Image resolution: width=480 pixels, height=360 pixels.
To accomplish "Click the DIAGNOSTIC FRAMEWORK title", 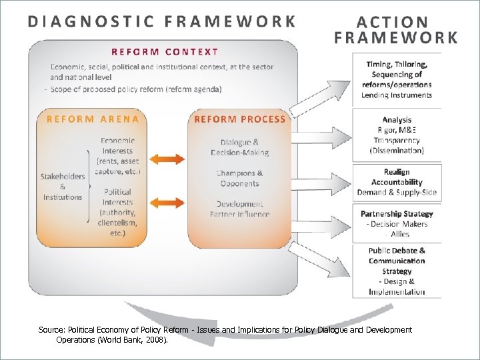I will point(162,21).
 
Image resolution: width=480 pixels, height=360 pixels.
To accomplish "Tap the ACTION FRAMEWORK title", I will point(397,30).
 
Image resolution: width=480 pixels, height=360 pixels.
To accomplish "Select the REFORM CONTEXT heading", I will point(165,51).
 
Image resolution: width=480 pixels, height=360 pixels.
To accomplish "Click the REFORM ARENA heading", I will point(93,119).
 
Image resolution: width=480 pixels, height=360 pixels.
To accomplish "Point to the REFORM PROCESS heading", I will point(239,119).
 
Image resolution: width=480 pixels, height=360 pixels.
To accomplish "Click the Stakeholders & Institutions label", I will point(63,187).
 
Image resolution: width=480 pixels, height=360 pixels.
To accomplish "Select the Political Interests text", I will point(118,207).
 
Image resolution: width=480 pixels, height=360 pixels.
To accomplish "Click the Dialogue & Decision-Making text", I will point(239,147).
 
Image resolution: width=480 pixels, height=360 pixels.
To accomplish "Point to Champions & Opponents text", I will point(239,178).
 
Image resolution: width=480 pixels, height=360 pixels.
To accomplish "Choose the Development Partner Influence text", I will point(239,209).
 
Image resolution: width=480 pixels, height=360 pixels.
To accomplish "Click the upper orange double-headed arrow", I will point(163,159).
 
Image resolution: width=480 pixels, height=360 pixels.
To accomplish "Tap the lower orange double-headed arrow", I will point(163,201).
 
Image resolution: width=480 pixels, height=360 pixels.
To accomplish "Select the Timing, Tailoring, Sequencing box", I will point(397,79).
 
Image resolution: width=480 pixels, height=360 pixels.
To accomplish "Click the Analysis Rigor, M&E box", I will point(397,135).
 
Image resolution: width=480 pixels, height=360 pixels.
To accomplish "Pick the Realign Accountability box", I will point(397,182).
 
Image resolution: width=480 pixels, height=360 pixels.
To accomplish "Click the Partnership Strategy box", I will point(397,223).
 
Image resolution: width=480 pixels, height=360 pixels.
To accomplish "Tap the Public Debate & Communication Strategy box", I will point(397,271).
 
